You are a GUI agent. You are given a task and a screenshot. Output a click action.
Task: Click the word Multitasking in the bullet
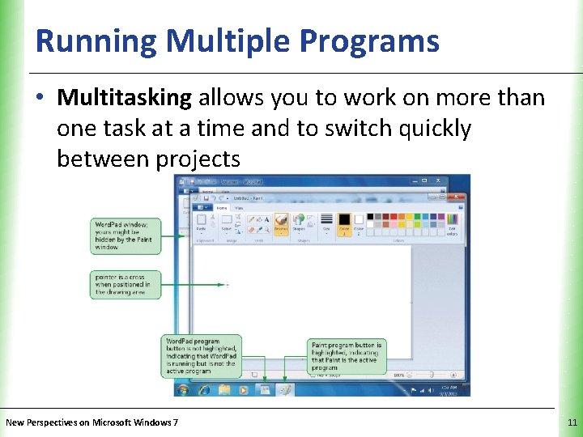tap(124, 98)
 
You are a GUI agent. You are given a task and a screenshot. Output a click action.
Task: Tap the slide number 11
tap(572, 422)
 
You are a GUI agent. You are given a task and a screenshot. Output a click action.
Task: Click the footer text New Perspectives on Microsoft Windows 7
tap(91, 422)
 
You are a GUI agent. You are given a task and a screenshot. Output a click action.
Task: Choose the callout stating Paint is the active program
tap(347, 356)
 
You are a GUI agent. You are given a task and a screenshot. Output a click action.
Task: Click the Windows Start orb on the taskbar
tap(183, 389)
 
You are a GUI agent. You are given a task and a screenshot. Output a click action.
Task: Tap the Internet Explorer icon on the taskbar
tap(203, 389)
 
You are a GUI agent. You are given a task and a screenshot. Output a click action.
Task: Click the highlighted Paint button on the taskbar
tap(284, 389)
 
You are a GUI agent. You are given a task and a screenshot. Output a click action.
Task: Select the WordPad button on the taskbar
tap(264, 389)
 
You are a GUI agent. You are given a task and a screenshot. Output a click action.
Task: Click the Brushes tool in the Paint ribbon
tap(281, 223)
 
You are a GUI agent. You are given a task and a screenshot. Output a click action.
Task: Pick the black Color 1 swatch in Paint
tap(343, 223)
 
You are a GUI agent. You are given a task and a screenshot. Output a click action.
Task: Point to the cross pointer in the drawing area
tap(228, 285)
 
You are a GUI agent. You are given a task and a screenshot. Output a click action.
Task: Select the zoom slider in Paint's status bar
tap(428, 375)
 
